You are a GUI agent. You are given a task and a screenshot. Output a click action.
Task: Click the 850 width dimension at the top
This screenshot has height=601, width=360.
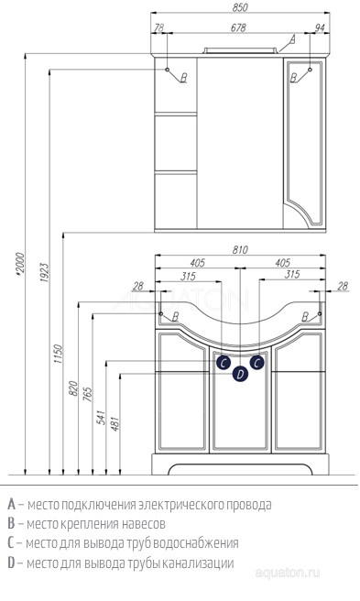[240, 7]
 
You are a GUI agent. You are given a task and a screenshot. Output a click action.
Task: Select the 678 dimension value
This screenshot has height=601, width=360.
[238, 27]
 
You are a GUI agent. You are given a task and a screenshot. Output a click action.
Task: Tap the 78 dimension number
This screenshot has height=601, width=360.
[158, 27]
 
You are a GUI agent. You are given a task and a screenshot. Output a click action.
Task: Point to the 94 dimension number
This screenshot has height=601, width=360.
[320, 27]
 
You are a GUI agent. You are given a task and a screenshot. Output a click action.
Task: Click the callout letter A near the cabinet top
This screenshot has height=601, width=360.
[292, 38]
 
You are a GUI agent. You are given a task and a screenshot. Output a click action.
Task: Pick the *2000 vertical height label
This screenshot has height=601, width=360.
[20, 263]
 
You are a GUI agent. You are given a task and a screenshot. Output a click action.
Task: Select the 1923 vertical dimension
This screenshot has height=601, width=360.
[45, 272]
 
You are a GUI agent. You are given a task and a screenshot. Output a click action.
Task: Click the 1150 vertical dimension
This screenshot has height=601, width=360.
[58, 354]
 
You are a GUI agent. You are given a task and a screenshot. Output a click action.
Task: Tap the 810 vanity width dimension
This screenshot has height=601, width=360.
[240, 249]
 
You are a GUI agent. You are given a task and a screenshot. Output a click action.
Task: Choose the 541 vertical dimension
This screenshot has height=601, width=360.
[101, 418]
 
